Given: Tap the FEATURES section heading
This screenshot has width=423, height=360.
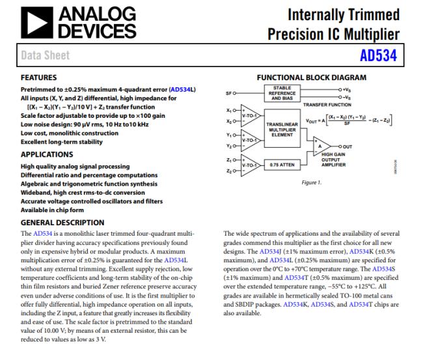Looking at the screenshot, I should click(x=44, y=77).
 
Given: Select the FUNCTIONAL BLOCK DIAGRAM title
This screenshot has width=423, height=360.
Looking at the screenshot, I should click(x=311, y=77).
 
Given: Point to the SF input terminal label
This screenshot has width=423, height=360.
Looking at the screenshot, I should click(x=228, y=93).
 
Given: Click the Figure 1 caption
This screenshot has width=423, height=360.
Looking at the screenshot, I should click(x=312, y=183).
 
